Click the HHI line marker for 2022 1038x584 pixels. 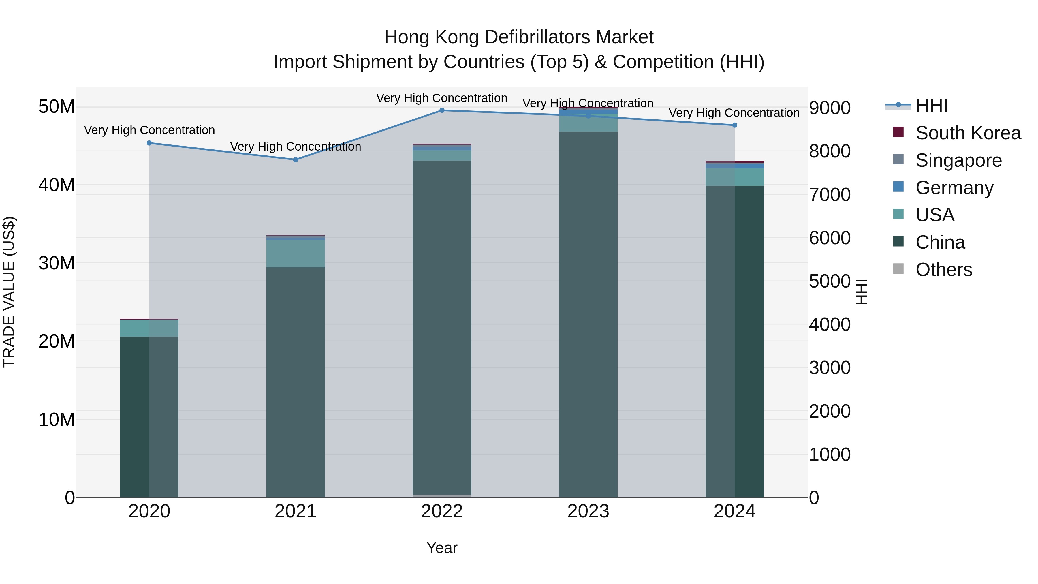[x=442, y=110]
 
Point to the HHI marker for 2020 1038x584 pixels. [x=149, y=143]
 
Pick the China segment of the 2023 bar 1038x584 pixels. [x=588, y=314]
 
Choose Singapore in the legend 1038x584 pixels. [x=958, y=160]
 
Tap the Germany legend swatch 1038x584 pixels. [x=898, y=187]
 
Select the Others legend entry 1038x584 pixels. [x=943, y=270]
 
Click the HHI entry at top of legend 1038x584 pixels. [x=931, y=106]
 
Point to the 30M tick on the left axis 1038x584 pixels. [x=57, y=263]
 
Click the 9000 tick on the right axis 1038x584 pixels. [x=830, y=108]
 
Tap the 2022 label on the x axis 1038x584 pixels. [x=442, y=511]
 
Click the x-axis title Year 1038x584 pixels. [x=442, y=548]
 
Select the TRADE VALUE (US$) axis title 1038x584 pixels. [x=9, y=292]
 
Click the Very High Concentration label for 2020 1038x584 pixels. [x=149, y=130]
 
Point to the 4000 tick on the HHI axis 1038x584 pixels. [x=830, y=324]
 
